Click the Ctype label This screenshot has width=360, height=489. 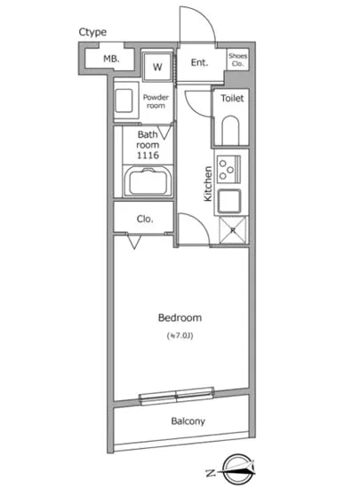pos(92,33)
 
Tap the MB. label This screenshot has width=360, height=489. pos(111,59)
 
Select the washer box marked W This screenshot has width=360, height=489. pos(157,67)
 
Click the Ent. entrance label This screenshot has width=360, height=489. pos(199,62)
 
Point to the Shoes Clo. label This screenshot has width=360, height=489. pos(238,60)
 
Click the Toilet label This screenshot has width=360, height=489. pos(233,99)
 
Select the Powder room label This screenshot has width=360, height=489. pos(156,100)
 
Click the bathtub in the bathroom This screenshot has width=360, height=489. pos(148,185)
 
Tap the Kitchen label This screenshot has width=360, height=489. pos(207,183)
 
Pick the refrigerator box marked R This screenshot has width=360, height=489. pos(233,229)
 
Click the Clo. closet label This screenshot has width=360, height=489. pos(144,218)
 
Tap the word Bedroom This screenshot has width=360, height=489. pos(180,317)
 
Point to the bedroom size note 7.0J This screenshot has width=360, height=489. pos(180,335)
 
